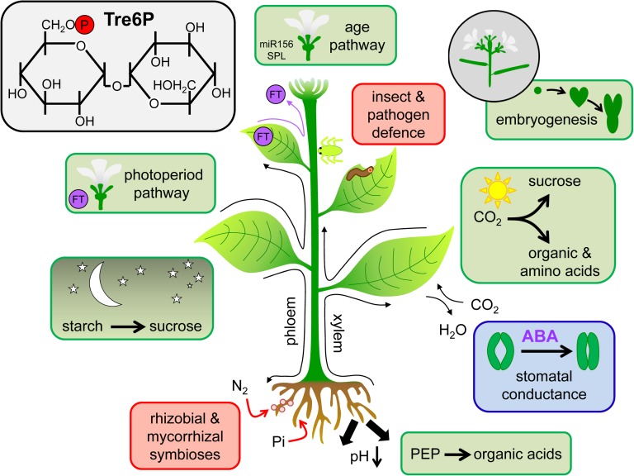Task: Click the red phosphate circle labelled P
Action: (x=84, y=25)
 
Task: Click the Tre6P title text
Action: (x=129, y=20)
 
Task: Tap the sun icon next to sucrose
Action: (x=497, y=189)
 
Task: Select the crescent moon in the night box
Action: (x=104, y=284)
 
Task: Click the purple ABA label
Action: (x=540, y=336)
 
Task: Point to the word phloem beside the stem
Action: (x=291, y=321)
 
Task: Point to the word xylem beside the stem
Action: (x=337, y=333)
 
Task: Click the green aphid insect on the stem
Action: (x=331, y=150)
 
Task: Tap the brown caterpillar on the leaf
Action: (x=360, y=173)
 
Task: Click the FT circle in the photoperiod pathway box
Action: (x=78, y=198)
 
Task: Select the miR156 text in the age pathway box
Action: (x=277, y=44)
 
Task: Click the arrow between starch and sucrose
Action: (x=127, y=326)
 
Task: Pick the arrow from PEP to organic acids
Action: (x=457, y=455)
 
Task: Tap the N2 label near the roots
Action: (x=239, y=387)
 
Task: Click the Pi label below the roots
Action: (x=278, y=441)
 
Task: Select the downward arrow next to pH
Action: (x=376, y=456)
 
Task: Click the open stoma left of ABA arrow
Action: (x=500, y=351)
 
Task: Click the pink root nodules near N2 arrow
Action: (x=282, y=406)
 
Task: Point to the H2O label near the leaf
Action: (x=452, y=331)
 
